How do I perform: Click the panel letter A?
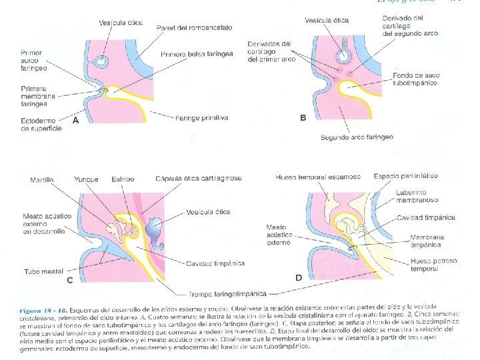75,121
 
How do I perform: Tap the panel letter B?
303,117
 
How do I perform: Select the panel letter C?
70,281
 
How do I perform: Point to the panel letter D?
299,277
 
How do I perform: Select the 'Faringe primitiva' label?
201,117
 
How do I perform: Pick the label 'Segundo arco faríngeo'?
356,137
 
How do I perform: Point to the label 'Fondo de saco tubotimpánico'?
415,80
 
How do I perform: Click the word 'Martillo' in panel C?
43,179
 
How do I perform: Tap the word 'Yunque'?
87,179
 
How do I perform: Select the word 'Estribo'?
122,179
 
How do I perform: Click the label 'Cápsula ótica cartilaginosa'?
198,179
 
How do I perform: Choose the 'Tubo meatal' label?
43,271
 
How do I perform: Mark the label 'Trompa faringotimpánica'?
226,293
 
